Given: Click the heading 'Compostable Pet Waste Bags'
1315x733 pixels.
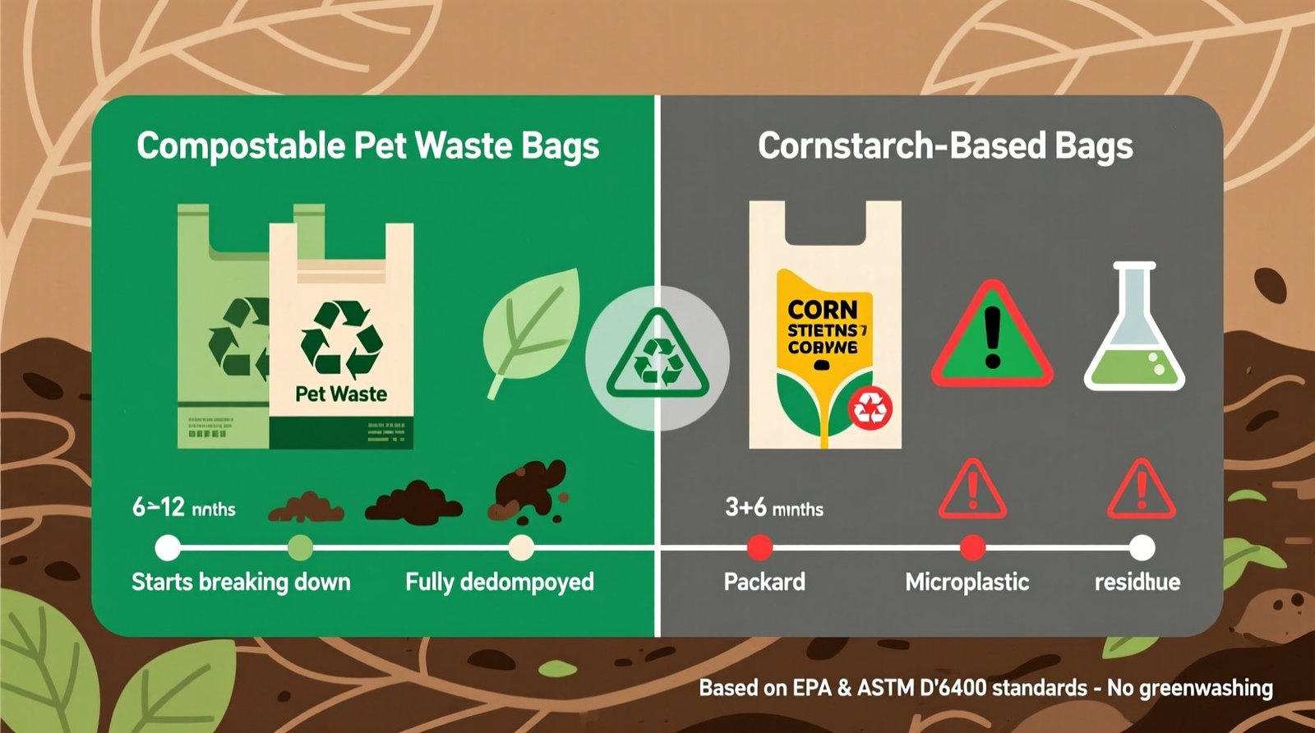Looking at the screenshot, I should pyautogui.click(x=367, y=147).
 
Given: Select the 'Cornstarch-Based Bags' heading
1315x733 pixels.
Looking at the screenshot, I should pyautogui.click(x=945, y=147).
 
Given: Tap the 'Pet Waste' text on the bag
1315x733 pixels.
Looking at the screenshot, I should pyautogui.click(x=341, y=394).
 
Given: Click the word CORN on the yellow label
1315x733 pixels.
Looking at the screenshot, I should pyautogui.click(x=822, y=310).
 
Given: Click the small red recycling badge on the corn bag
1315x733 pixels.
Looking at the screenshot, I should pyautogui.click(x=869, y=407).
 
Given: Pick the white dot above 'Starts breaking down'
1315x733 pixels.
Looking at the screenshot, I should pyautogui.click(x=168, y=547).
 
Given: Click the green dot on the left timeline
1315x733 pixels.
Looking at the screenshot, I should pyautogui.click(x=300, y=547).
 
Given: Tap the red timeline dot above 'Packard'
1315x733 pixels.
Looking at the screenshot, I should pyautogui.click(x=760, y=547).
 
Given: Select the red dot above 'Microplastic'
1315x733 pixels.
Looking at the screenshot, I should pyautogui.click(x=972, y=547).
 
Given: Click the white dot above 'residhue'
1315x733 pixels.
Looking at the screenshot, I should pyautogui.click(x=1142, y=547).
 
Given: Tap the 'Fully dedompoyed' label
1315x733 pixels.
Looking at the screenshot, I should pyautogui.click(x=500, y=583).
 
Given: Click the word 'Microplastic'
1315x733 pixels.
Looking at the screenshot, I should pyautogui.click(x=967, y=583).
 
